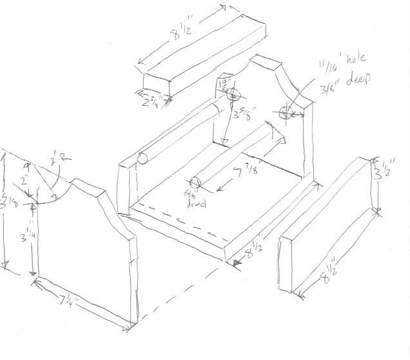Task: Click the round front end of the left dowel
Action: pos(144,159)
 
